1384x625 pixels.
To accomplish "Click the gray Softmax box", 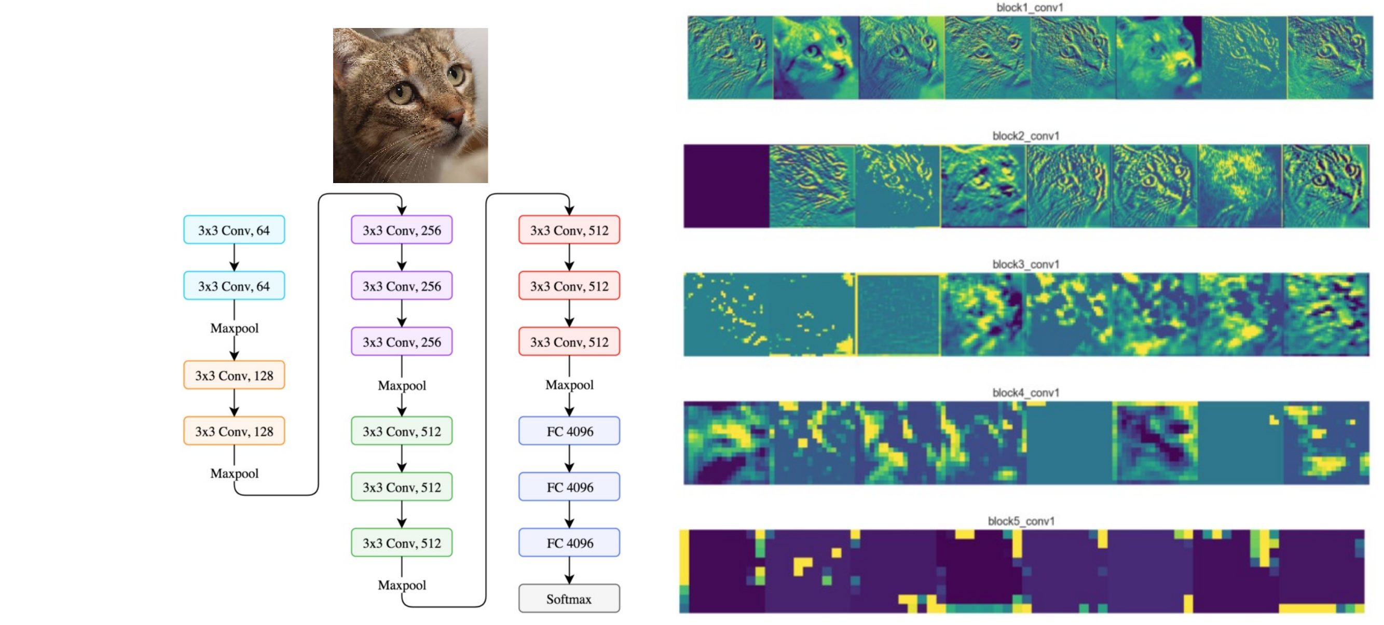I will point(569,598).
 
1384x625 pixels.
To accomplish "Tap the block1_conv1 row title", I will point(1030,7).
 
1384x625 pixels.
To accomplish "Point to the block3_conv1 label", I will point(1025,264).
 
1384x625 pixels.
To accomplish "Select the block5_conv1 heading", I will point(1021,521).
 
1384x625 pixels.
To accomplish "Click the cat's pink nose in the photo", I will point(456,116).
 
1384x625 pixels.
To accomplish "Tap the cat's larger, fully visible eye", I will point(401,93).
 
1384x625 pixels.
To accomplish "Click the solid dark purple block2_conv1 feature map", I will point(726,186).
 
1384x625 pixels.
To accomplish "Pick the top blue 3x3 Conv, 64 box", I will point(234,230).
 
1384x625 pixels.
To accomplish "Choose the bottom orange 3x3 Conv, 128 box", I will point(234,431).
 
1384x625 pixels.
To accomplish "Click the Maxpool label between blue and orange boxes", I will point(234,328).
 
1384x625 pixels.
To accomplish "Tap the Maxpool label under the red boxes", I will point(569,385).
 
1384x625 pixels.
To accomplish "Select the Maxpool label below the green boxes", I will point(402,585).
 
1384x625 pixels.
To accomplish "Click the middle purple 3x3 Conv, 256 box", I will point(401,286).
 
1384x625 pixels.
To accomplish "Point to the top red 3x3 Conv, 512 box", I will point(569,230).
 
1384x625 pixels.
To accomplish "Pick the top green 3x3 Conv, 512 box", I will point(401,431).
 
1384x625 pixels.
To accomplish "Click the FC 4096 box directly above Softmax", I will point(569,543).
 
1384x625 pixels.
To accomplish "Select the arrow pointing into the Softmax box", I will point(569,573).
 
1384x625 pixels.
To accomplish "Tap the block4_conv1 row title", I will point(1025,393).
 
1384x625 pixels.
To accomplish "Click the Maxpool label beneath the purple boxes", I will point(402,385).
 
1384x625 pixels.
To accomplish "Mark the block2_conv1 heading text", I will point(1025,136).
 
